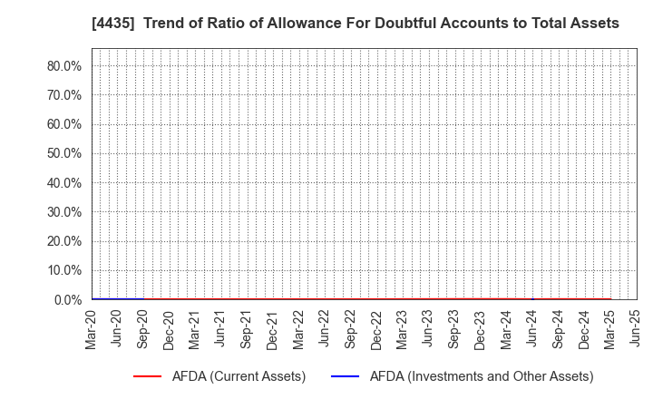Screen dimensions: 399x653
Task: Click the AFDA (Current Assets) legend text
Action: (239, 376)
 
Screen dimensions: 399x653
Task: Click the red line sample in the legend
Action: (147, 376)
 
